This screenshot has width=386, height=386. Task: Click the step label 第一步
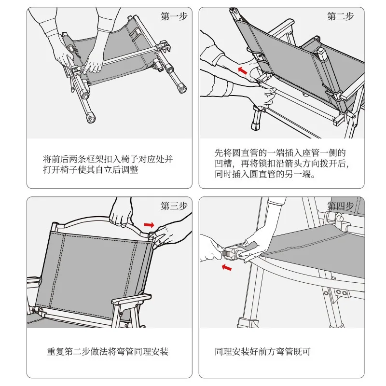click(x=173, y=17)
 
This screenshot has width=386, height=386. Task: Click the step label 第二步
click(x=340, y=17)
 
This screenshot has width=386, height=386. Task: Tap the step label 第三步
click(x=173, y=206)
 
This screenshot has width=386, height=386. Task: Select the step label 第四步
click(x=340, y=206)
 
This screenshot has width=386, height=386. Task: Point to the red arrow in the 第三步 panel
click(x=150, y=224)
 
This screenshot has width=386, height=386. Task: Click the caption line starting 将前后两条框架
click(x=108, y=159)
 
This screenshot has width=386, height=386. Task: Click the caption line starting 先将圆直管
click(x=280, y=153)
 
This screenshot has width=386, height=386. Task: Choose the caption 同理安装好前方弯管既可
click(x=262, y=352)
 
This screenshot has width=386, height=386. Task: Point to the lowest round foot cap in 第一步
click(x=90, y=118)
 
